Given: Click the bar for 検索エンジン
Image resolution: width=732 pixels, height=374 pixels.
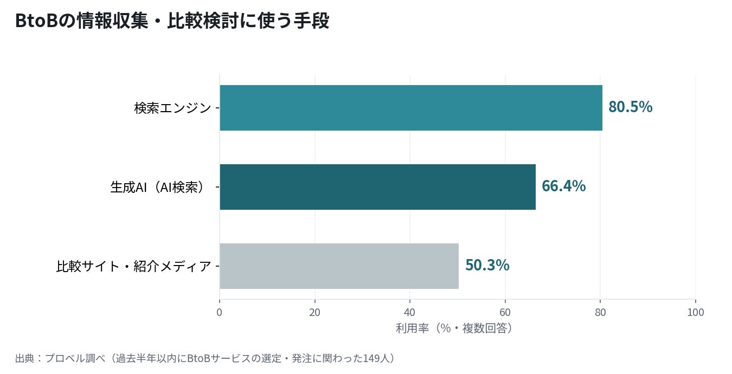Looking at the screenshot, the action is tap(411, 108).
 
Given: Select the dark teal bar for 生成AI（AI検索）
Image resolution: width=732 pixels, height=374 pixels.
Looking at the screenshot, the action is tap(377, 187).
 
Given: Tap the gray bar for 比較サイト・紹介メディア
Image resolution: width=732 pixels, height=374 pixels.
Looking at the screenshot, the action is tap(339, 266).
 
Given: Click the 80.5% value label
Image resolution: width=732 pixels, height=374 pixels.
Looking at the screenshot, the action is tap(630, 107).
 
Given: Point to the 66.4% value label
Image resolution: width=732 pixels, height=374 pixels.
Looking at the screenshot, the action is tap(563, 186).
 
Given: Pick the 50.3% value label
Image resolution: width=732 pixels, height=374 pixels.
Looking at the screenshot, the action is tap(487, 265).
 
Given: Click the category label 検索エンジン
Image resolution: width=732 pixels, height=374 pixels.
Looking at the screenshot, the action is tap(172, 108).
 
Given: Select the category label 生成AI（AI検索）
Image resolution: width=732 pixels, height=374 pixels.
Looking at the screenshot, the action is tap(158, 187).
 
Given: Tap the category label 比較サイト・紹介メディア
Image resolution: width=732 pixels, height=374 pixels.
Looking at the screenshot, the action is tap(133, 266).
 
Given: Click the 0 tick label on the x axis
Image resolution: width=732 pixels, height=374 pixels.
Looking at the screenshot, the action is tap(219, 313).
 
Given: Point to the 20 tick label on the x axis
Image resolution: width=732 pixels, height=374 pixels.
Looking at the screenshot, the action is tap(314, 313).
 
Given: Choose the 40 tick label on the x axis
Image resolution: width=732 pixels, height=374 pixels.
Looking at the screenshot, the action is tap(409, 313).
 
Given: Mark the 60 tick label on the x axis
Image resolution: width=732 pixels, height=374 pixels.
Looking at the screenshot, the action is tap(505, 313).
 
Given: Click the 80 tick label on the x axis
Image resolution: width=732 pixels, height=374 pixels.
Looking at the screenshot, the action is tap(600, 313).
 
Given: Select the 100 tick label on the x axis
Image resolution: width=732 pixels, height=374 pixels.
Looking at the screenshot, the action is tap(695, 313).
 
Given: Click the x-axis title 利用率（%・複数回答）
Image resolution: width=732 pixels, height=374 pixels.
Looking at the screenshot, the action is tap(454, 328).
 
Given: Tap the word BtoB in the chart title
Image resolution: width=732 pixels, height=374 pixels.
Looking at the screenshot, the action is tap(37, 21).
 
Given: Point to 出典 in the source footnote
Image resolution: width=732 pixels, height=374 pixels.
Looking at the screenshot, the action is tap(25, 358).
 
